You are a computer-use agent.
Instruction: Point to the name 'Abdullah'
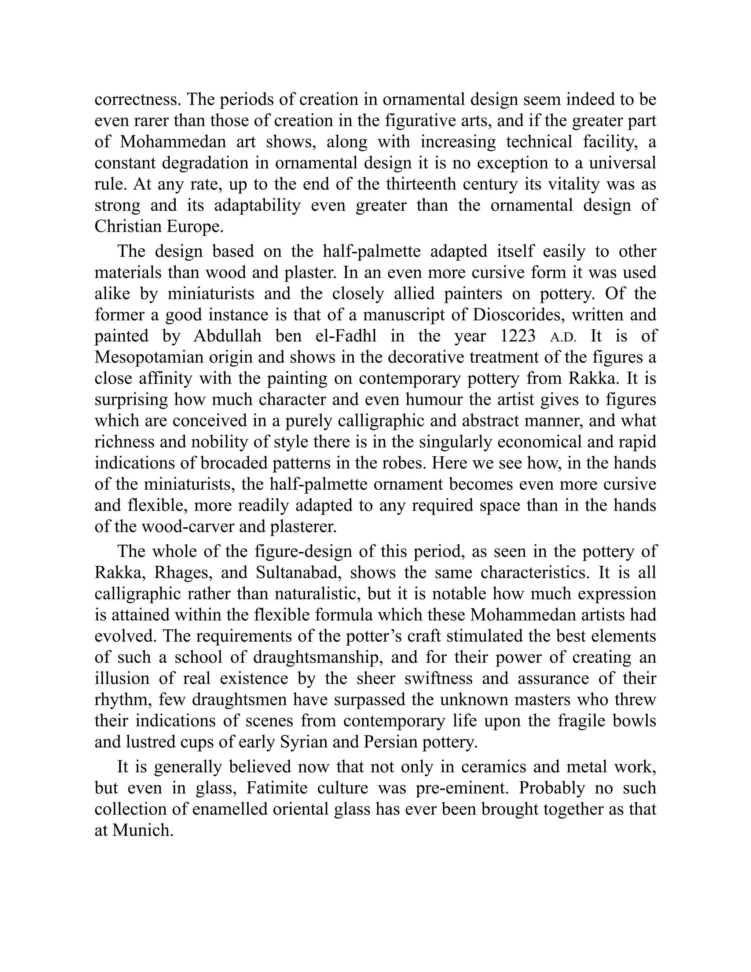pos(227,336)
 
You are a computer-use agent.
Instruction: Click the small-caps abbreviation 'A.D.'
pos(563,337)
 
